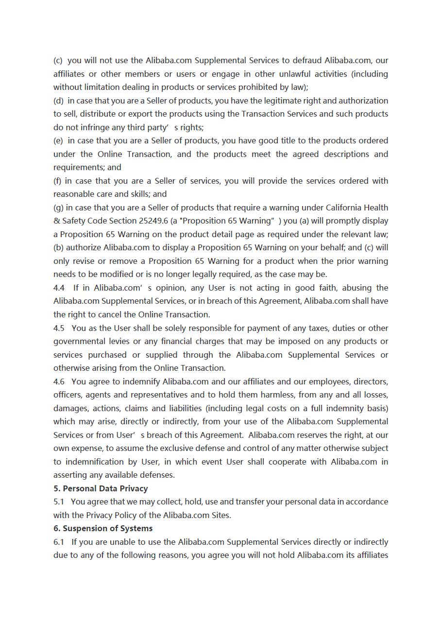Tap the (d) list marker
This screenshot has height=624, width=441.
58,101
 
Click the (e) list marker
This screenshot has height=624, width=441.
58,140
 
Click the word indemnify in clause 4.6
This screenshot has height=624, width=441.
141,381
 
